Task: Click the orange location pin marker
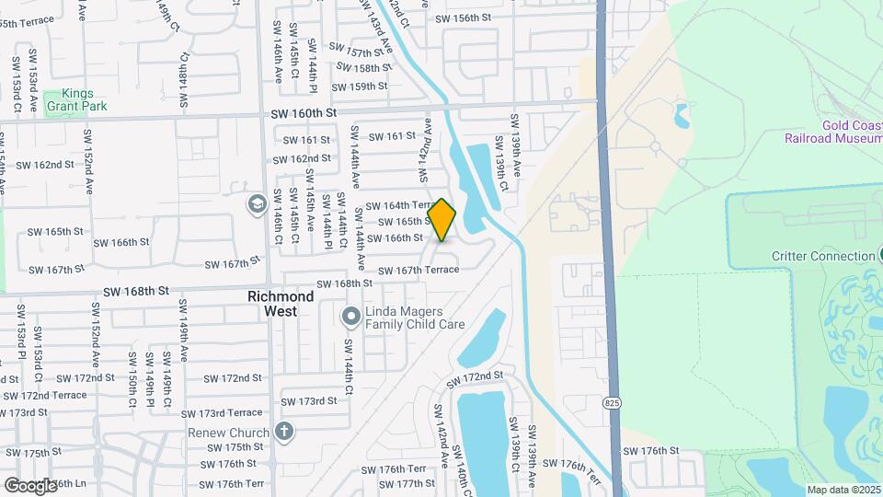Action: tap(442, 220)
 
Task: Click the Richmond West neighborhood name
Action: tap(281, 304)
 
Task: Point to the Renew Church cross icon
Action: tap(285, 431)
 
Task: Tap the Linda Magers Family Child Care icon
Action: tap(350, 318)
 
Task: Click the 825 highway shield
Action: tap(613, 403)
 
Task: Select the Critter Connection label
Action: tap(823, 256)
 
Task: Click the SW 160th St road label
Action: tap(299, 112)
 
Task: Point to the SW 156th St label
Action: tap(464, 18)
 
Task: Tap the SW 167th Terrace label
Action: tap(419, 270)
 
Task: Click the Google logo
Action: tap(31, 485)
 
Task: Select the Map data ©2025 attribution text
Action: tap(843, 490)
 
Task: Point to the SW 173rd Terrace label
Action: tap(224, 413)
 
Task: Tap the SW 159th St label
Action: tap(360, 87)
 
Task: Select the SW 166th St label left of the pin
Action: tap(395, 238)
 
